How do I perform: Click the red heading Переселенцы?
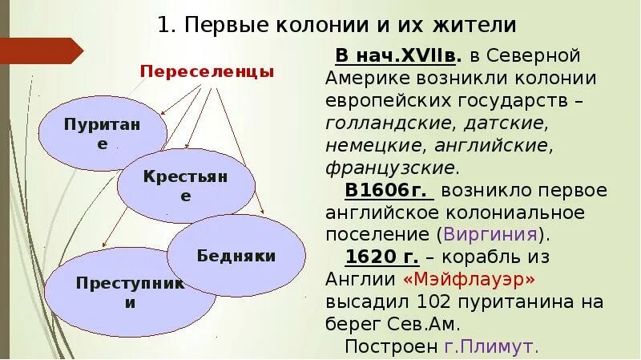click(x=207, y=71)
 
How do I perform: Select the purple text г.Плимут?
click(x=491, y=346)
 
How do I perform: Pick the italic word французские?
click(x=391, y=168)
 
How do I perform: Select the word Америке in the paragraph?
click(x=364, y=79)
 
